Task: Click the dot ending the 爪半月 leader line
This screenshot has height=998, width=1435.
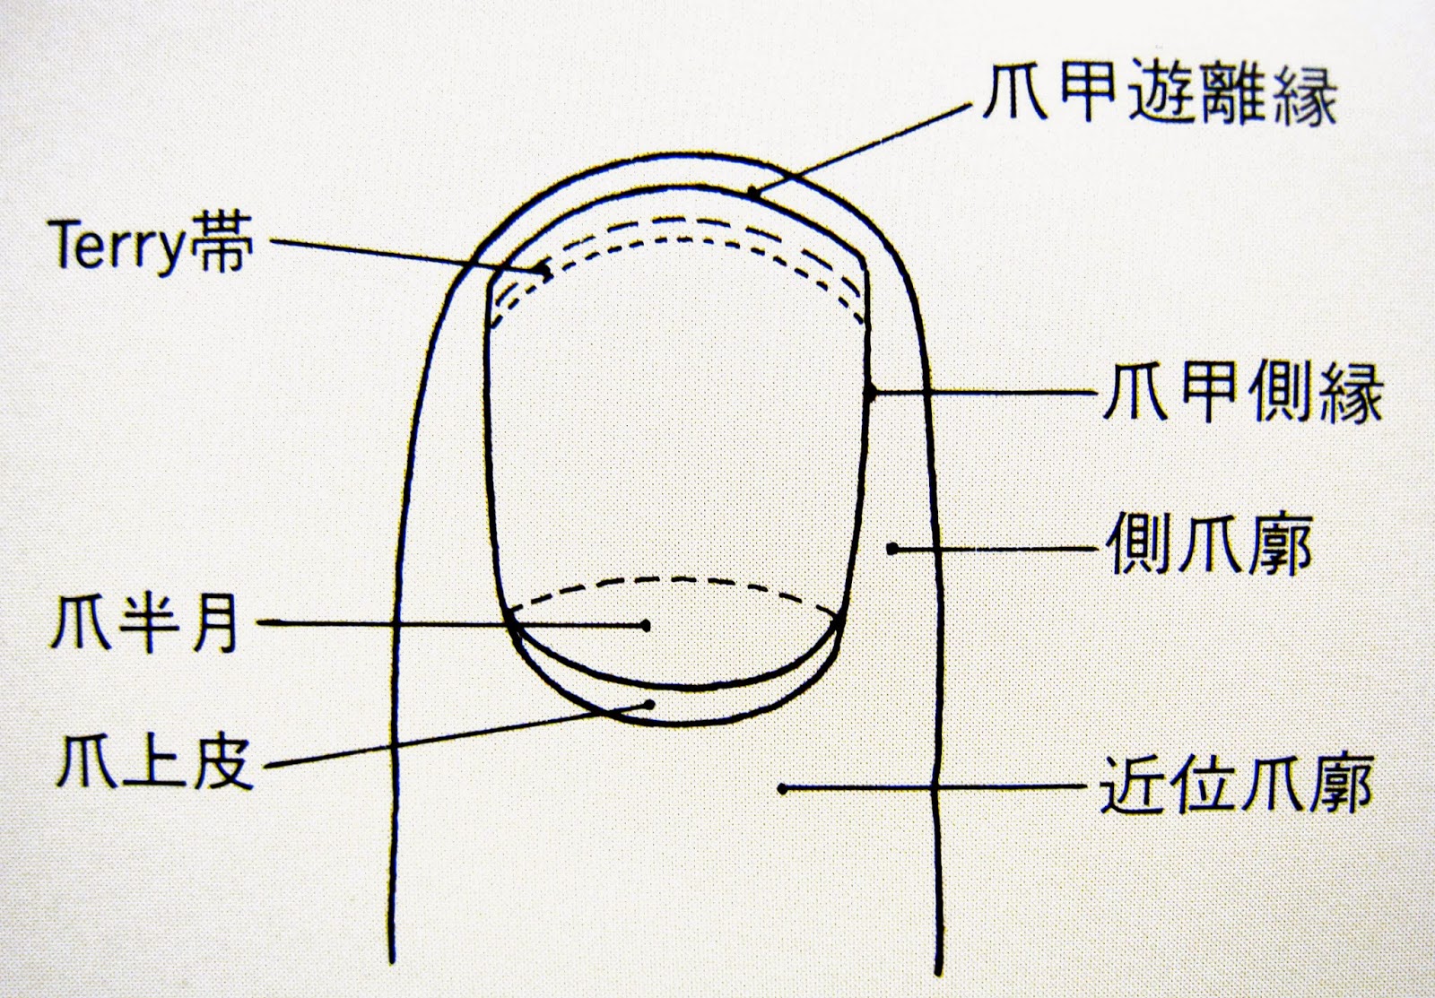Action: click(646, 625)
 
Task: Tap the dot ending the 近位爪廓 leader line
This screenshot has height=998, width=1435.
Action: click(783, 789)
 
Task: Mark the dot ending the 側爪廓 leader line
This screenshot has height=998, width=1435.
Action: click(891, 548)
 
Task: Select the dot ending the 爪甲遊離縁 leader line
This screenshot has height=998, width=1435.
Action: click(754, 192)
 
